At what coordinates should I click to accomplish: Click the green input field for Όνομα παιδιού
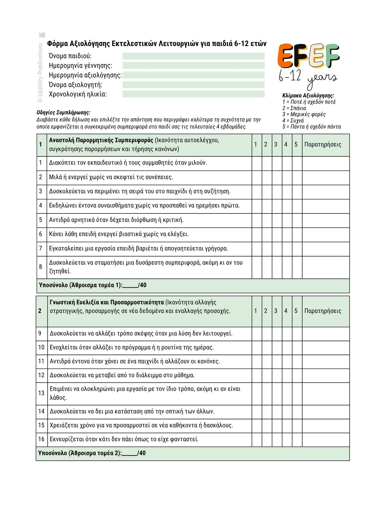click(193, 56)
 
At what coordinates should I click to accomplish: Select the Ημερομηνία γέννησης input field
click(193, 66)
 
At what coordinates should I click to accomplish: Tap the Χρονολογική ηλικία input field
click(193, 94)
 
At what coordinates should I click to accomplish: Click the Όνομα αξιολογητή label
click(75, 85)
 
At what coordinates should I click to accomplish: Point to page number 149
click(42, 35)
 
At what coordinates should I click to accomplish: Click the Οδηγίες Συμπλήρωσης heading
click(63, 113)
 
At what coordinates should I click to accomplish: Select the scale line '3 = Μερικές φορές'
click(304, 114)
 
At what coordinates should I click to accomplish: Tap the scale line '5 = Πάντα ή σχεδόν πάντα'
click(311, 126)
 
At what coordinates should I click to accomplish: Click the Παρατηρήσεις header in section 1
click(323, 145)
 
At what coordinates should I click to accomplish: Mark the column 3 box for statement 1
click(277, 163)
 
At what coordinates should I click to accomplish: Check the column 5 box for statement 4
click(297, 206)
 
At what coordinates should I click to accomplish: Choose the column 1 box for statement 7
click(257, 249)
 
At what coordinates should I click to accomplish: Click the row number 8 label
click(41, 267)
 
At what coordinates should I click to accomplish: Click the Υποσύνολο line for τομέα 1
click(92, 285)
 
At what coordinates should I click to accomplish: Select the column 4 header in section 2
click(286, 311)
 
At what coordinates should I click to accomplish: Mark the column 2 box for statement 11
click(267, 361)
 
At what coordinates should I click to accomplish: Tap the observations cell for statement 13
click(326, 393)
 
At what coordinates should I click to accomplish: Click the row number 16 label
click(41, 439)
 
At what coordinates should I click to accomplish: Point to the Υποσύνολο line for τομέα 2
click(92, 453)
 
